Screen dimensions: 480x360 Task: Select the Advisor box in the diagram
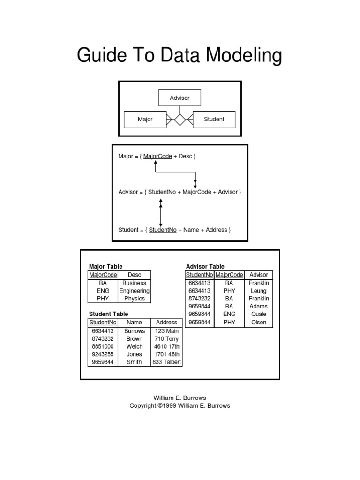point(180,98)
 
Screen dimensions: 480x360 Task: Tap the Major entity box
point(145,119)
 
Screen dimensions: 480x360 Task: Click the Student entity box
point(214,119)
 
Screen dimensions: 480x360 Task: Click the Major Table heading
point(105,267)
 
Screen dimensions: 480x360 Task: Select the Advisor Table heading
point(205,267)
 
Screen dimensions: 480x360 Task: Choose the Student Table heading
point(108,314)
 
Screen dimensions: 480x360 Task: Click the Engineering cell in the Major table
point(134,291)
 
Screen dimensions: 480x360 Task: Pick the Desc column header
point(134,275)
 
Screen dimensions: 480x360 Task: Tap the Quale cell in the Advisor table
point(259,314)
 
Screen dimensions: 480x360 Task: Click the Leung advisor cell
point(259,291)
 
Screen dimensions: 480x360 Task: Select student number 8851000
point(103,346)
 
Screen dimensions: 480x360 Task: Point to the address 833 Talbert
point(166,362)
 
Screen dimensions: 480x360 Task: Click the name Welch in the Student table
point(134,346)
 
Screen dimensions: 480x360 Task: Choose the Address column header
point(166,322)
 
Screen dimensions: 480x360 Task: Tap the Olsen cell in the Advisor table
point(259,322)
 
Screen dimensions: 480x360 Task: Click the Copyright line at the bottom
point(180,406)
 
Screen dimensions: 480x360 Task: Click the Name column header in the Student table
point(134,322)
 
